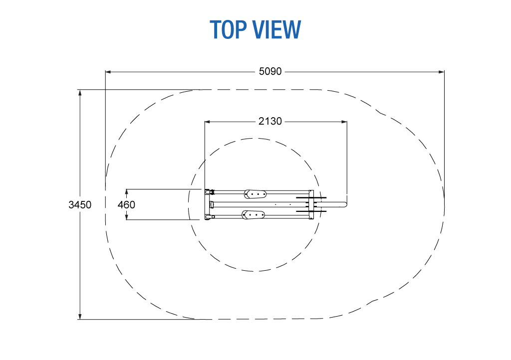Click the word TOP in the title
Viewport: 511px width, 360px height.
point(228,29)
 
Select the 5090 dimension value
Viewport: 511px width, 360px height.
point(270,71)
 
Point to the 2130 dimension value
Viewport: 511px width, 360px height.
point(270,121)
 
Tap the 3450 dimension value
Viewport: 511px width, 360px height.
point(80,205)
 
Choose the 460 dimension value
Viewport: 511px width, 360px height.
point(126,205)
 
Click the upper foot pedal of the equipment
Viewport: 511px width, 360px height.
point(255,193)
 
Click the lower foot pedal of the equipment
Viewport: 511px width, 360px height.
point(253,215)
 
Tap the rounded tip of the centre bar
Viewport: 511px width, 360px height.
point(344,204)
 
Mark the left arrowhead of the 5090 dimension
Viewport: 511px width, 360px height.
point(108,72)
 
